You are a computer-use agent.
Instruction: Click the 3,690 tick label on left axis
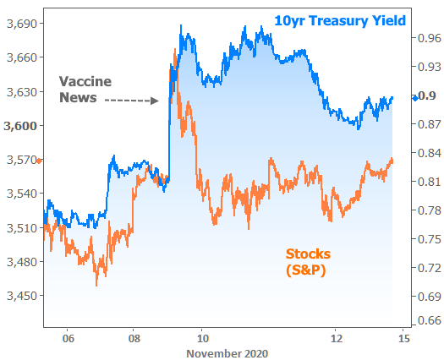(22, 24)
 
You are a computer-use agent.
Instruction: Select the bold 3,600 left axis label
(20, 126)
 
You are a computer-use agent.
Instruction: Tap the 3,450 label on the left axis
(22, 296)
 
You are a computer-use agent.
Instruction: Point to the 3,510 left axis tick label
(22, 228)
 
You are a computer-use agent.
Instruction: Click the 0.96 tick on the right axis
(430, 38)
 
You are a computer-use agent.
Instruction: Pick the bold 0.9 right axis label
(427, 96)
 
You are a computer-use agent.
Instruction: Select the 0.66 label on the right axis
(430, 320)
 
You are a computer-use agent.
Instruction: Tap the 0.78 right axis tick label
(430, 210)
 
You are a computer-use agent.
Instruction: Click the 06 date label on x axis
(69, 338)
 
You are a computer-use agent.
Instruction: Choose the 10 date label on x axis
(203, 338)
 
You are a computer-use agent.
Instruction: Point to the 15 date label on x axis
(404, 338)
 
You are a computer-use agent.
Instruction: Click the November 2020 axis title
(227, 354)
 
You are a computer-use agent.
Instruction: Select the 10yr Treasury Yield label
(340, 21)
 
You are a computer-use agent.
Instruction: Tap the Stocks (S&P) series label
(308, 262)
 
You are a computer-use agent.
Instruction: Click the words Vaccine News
(85, 90)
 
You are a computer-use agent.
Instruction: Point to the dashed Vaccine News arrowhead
(155, 101)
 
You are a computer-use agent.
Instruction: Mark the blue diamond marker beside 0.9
(415, 99)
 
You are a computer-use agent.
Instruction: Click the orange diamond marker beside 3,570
(39, 161)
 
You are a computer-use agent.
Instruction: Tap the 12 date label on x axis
(337, 338)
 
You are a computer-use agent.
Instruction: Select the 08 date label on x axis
(134, 338)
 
